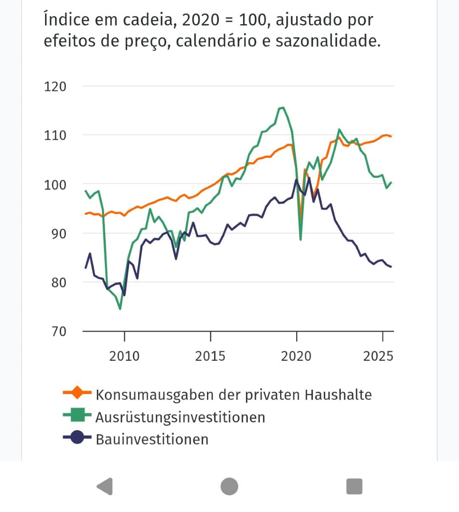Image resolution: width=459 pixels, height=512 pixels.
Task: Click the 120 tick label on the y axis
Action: pos(55,87)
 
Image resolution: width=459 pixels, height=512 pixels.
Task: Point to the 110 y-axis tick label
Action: pos(55,136)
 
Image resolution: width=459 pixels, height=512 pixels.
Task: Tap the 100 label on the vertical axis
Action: pos(55,184)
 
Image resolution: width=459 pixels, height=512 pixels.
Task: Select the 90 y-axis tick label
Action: pos(58,233)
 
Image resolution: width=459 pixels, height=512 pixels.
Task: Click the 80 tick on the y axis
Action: pos(58,282)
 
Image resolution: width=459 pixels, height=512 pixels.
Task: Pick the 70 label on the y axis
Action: pos(58,331)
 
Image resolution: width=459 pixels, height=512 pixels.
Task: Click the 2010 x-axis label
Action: pos(124,356)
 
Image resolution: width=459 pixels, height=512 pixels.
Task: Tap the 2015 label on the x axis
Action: pos(210,356)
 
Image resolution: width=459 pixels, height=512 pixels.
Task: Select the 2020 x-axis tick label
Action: pos(296,356)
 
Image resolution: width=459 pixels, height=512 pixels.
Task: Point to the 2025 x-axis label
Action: pos(378,356)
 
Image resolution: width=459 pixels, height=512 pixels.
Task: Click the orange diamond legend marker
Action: pos(77,393)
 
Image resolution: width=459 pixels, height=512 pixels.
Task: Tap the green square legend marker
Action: pos(77,416)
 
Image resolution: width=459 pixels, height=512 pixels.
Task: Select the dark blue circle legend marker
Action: pos(77,438)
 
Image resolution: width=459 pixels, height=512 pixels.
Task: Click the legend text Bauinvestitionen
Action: pos(152,439)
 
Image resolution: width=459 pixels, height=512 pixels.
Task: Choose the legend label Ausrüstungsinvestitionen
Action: pos(180,417)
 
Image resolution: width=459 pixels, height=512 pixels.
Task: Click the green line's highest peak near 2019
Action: pos(283,108)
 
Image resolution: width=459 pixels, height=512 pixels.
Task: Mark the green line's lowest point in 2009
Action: pos(120,309)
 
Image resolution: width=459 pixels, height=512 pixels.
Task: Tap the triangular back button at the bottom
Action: pos(105,486)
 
